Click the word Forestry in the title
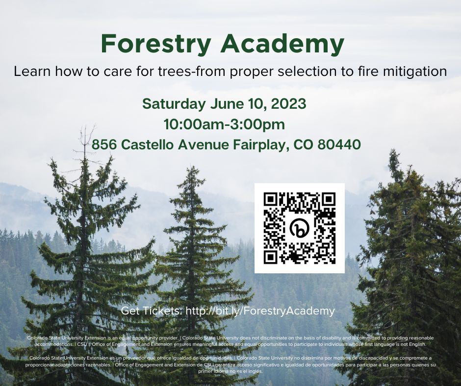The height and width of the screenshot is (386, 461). tap(156, 45)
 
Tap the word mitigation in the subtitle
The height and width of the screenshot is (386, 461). tap(416, 72)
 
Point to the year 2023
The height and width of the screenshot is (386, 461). tap(289, 104)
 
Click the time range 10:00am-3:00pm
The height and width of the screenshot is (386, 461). tap(225, 124)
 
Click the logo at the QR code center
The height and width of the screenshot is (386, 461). tap(299, 228)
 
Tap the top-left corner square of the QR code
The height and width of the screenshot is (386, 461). tap(271, 199)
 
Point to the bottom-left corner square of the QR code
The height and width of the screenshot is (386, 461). tap(271, 257)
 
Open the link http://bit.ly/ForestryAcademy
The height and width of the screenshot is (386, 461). tap(260, 311)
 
